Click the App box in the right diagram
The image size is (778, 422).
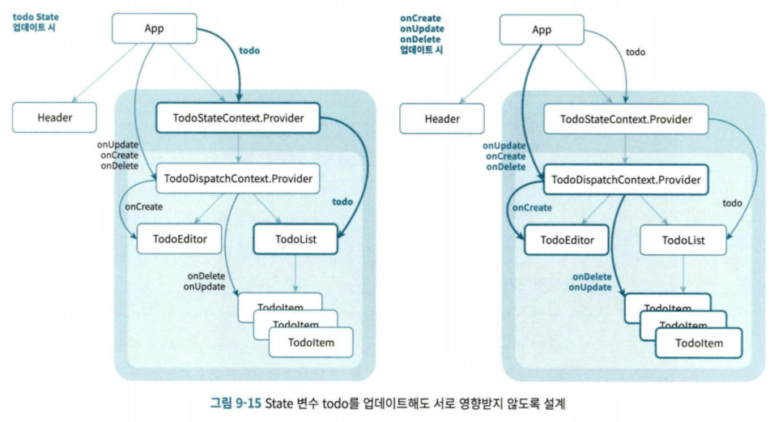click(x=542, y=31)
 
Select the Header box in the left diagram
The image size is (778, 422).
click(x=55, y=118)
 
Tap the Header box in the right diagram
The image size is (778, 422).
click(x=442, y=119)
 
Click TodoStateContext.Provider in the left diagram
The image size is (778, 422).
click(x=238, y=119)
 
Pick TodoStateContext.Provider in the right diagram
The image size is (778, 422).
click(x=626, y=119)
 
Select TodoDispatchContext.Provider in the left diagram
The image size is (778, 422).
click(x=237, y=177)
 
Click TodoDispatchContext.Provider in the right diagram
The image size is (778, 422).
click(x=624, y=178)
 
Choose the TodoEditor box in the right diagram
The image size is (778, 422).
click(x=567, y=240)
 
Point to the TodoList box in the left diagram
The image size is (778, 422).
click(x=295, y=240)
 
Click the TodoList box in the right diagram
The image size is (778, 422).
click(x=683, y=240)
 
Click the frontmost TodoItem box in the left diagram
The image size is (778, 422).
click(x=312, y=343)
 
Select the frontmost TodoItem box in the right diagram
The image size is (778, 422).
click(x=699, y=343)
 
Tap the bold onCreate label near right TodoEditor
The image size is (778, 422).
click(x=532, y=208)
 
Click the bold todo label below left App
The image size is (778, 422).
click(x=249, y=50)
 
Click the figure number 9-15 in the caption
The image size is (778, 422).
click(x=248, y=403)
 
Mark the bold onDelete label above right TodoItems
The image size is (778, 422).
click(x=591, y=276)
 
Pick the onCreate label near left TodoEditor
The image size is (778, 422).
click(x=143, y=207)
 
